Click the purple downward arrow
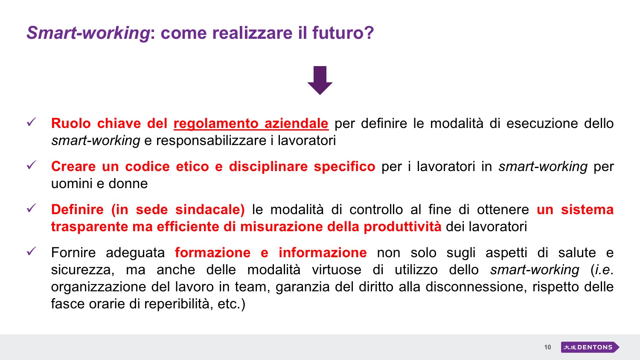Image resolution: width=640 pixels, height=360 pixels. (320, 80)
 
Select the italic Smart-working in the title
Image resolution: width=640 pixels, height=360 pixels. (88, 33)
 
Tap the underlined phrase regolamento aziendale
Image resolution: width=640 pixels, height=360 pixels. (251, 124)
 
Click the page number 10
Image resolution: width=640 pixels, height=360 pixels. (547, 347)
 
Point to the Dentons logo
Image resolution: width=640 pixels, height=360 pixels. (590, 347)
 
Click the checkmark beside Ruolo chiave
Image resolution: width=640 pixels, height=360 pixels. (31, 122)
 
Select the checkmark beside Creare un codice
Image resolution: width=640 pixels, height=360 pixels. (31, 165)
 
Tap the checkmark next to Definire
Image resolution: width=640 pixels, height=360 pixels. (31, 208)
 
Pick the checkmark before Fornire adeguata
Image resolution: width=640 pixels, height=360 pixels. (31, 251)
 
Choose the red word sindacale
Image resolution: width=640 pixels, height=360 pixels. (210, 210)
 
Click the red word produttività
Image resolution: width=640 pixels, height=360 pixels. (402, 227)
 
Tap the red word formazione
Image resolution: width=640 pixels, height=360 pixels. (212, 253)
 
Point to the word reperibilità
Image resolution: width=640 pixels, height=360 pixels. (179, 304)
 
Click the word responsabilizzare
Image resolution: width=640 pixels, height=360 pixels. (211, 141)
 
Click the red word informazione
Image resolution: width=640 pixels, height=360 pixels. (323, 253)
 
